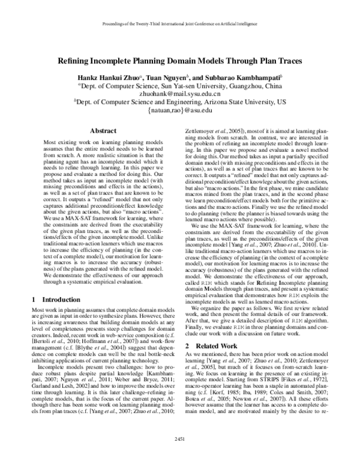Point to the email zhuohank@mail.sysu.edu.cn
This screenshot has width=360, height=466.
click(180, 94)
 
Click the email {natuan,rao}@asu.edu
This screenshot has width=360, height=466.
click(180, 110)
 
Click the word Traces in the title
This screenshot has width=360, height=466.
click(289, 61)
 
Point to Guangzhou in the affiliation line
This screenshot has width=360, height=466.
click(238, 86)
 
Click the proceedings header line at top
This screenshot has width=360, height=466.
click(180, 26)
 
